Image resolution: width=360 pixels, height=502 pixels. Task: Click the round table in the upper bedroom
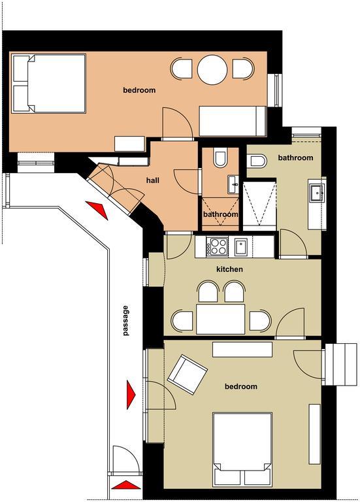tap(212, 70)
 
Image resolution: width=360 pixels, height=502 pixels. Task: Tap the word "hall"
tap(153, 180)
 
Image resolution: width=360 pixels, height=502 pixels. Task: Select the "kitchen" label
tap(229, 269)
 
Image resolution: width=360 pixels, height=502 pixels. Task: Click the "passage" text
tap(125, 320)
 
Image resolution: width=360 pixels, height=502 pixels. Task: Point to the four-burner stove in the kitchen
tap(218, 247)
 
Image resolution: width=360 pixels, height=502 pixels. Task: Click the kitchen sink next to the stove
tap(240, 247)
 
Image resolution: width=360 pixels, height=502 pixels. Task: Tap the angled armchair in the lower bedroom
tap(188, 375)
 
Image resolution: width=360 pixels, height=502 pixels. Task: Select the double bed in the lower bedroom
tap(242, 449)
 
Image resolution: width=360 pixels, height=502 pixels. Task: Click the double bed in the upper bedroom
tap(48, 84)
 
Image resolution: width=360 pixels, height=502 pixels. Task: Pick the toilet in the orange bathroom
tap(220, 158)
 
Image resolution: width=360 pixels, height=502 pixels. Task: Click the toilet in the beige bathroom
tap(257, 161)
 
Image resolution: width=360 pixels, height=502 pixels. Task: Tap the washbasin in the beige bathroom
tap(317, 193)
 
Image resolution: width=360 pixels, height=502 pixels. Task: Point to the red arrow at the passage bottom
tap(126, 485)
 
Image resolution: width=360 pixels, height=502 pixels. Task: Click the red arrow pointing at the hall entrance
tap(97, 209)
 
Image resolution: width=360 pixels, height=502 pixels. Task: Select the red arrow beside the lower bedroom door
tap(131, 394)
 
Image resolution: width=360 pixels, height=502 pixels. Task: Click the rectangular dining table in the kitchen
tap(220, 319)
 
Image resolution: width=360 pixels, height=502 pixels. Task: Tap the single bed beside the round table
tap(233, 122)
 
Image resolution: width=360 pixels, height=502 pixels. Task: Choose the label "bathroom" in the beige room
tap(295, 158)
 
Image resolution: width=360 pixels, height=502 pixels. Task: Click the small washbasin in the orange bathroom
tap(234, 185)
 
